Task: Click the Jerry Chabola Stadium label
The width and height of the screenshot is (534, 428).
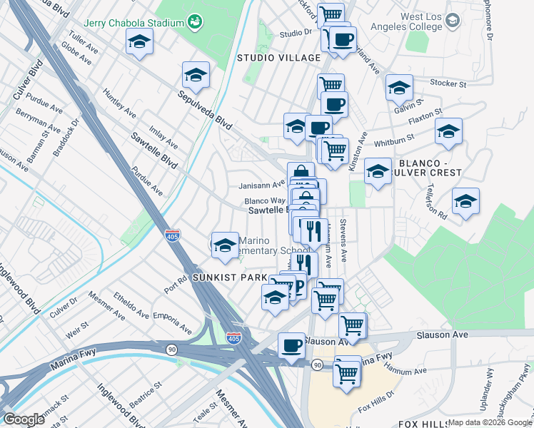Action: pos(134,23)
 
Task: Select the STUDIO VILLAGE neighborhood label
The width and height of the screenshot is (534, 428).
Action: pos(278,57)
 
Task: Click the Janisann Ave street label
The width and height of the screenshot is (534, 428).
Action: pos(261,183)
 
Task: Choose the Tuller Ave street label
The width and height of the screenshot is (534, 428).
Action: pos(84,44)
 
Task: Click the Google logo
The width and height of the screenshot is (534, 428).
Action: pos(24,419)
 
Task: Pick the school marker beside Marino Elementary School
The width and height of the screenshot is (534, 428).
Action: pos(225,244)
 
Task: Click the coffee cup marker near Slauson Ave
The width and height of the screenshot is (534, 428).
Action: pos(291,345)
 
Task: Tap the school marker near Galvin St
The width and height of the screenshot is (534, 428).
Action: pos(399,88)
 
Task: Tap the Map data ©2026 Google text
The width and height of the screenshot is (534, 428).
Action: pos(490,422)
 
